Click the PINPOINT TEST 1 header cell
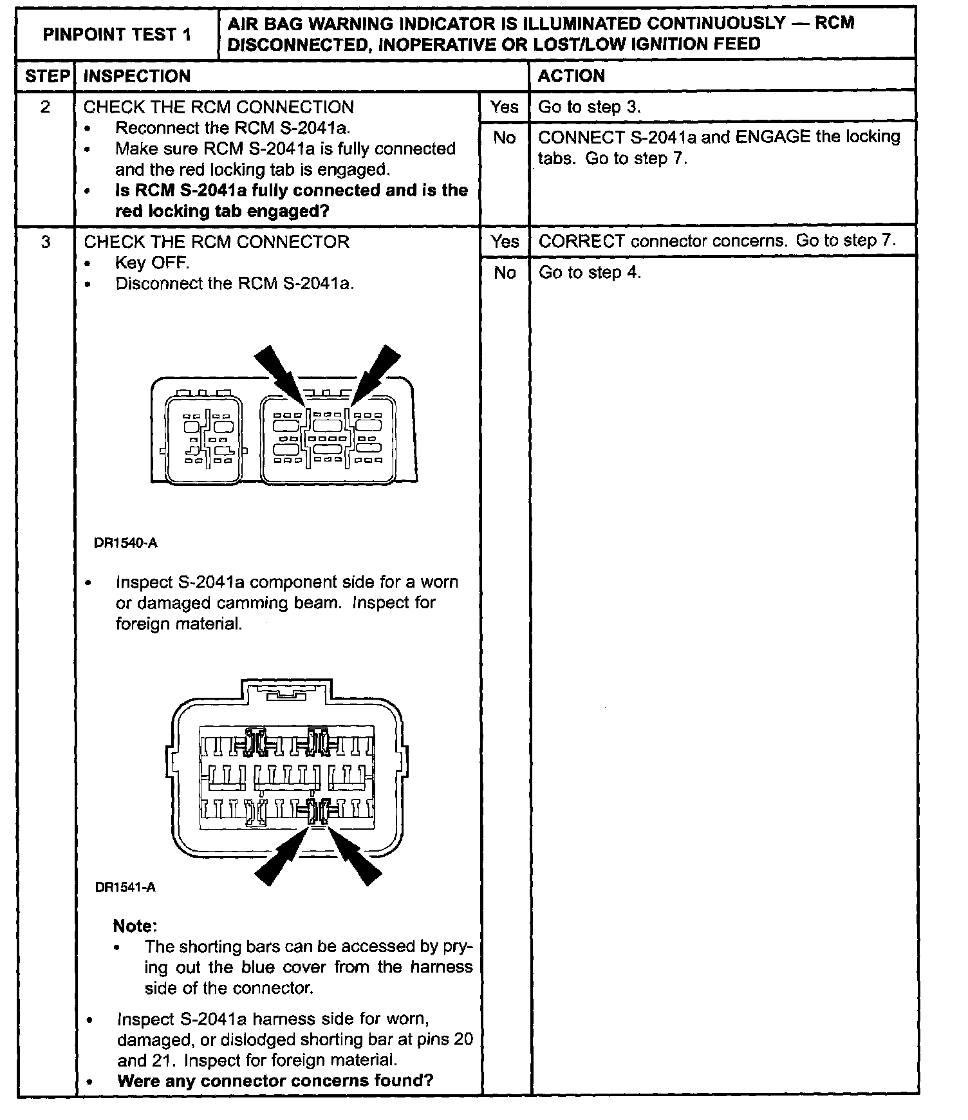[116, 35]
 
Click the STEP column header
[46, 76]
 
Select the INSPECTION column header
[137, 76]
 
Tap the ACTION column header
[572, 76]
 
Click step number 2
[45, 107]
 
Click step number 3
[45, 242]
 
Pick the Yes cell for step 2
[504, 107]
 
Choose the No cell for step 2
[504, 137]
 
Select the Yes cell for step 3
[505, 242]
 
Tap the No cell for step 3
[505, 273]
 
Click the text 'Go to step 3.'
[590, 107]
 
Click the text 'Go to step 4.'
[590, 273]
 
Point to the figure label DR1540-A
[126, 543]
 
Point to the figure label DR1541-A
[126, 888]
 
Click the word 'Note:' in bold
[135, 926]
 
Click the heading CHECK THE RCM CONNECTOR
[216, 242]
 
